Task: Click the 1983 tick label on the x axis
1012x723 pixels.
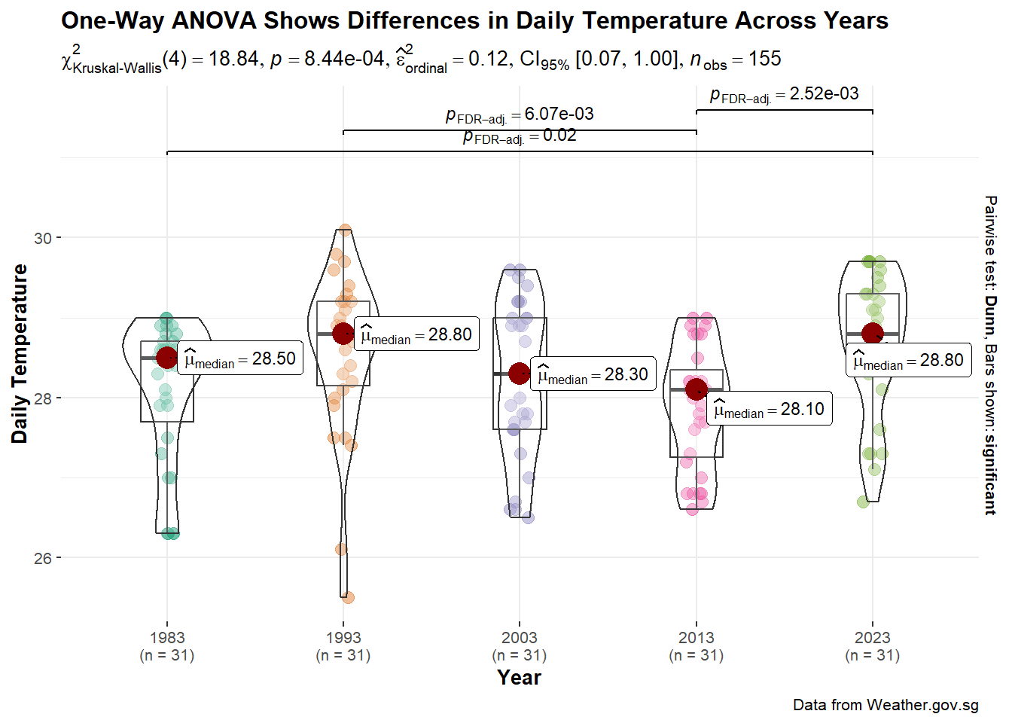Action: click(x=167, y=638)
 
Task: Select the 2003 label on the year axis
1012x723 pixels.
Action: click(x=520, y=638)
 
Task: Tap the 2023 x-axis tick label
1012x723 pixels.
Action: click(x=872, y=638)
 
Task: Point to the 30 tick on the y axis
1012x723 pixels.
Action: click(x=43, y=238)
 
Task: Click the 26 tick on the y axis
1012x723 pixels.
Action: click(x=43, y=558)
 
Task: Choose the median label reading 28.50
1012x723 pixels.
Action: click(x=240, y=359)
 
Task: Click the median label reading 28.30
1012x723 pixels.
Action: click(x=593, y=374)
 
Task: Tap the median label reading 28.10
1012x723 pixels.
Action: click(x=769, y=410)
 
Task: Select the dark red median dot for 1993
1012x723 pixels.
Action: click(x=343, y=334)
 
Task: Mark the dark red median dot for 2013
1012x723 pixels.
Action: click(x=697, y=389)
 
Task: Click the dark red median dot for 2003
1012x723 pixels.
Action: click(x=520, y=373)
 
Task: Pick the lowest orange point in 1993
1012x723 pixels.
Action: click(x=348, y=597)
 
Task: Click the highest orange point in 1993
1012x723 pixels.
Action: click(x=345, y=230)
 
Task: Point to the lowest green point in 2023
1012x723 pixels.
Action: click(x=863, y=502)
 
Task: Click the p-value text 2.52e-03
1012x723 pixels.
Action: click(x=824, y=93)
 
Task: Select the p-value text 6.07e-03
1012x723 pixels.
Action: click(x=559, y=114)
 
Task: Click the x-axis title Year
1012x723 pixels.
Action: click(x=519, y=678)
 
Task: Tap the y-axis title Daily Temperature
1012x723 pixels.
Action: click(x=20, y=354)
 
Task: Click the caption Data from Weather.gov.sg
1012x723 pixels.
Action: click(x=885, y=705)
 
